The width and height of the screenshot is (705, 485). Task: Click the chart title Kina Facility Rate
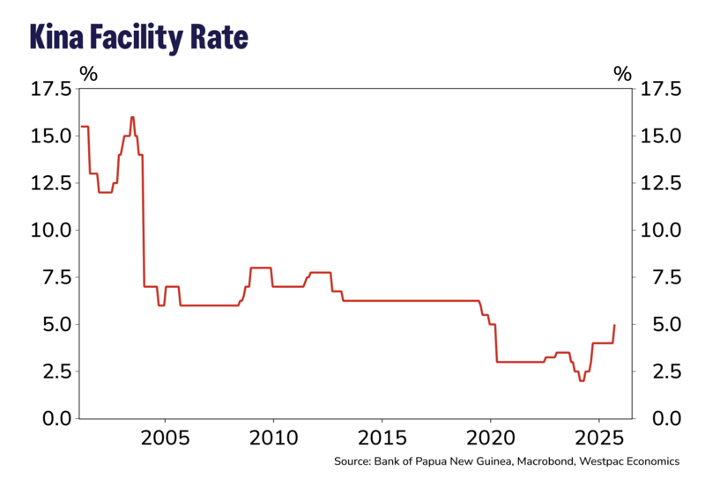(x=138, y=37)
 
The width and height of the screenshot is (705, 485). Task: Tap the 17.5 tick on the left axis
(x=52, y=89)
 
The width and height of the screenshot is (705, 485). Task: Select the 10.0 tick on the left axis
(x=52, y=231)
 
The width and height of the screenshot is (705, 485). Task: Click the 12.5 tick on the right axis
(x=659, y=183)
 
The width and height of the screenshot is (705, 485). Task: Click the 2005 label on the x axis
(x=165, y=438)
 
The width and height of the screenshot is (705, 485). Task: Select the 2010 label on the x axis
(x=273, y=438)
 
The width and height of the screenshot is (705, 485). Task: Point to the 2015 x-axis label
(x=382, y=438)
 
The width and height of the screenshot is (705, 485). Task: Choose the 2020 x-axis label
(x=491, y=438)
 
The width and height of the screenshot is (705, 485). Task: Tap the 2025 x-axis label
(x=599, y=438)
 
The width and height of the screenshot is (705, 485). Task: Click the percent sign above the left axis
(x=88, y=74)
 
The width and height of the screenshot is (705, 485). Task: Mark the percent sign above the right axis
(x=623, y=74)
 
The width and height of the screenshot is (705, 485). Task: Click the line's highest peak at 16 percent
(x=132, y=117)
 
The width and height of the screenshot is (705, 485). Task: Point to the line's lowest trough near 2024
(x=581, y=380)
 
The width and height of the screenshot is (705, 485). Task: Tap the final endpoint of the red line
(x=614, y=325)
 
